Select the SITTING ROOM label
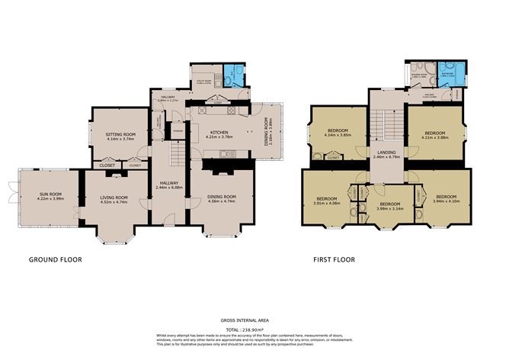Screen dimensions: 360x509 120,134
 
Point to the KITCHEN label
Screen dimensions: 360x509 219,131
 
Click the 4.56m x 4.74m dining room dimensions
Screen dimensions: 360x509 222,203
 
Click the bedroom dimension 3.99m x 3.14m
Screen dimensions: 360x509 389,208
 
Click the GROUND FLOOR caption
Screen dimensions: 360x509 55,259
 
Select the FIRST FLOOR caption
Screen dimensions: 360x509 334,259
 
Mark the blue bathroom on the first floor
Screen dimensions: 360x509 448,76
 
